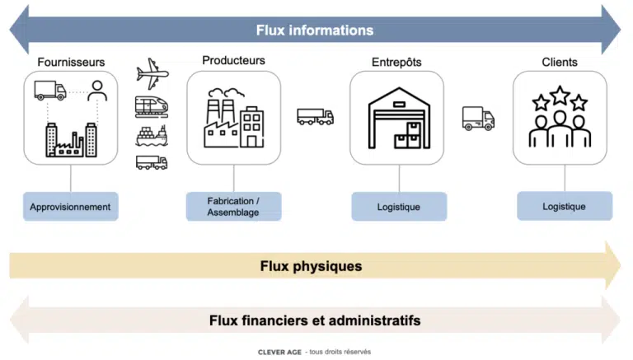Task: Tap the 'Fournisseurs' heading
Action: pos(71,62)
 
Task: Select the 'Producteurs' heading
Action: pos(233,60)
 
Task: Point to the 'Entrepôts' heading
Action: pos(399,62)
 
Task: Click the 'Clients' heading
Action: pos(560,62)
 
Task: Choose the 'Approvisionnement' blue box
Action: pos(70,206)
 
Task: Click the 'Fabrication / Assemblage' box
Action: pos(233,206)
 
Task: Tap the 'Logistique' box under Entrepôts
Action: pos(399,206)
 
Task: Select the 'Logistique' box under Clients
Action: pos(564,205)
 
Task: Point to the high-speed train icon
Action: pos(152,106)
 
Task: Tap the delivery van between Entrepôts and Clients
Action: pos(478,119)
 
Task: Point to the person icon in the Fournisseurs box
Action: pos(98,89)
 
